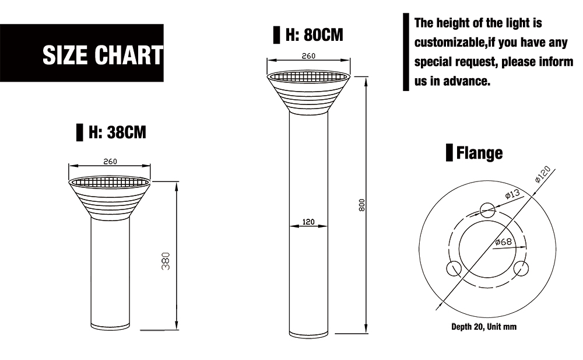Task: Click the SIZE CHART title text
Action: click(x=103, y=55)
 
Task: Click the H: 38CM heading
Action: click(x=117, y=132)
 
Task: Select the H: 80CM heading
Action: click(x=314, y=34)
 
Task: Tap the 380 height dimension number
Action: click(x=166, y=261)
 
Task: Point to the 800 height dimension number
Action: click(x=362, y=205)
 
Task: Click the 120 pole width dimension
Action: click(x=308, y=222)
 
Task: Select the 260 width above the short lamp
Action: click(x=110, y=162)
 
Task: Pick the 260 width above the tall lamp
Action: click(x=308, y=56)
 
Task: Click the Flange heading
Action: click(x=480, y=153)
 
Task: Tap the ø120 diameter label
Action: click(x=543, y=174)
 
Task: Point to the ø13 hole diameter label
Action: click(x=512, y=194)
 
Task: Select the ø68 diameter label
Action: click(x=504, y=242)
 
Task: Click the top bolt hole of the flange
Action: click(x=487, y=210)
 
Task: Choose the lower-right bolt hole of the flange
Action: click(x=521, y=268)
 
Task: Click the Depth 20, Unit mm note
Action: click(x=484, y=327)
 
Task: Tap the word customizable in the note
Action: click(x=450, y=43)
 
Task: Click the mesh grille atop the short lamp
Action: click(x=110, y=183)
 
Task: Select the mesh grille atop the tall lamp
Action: click(x=308, y=76)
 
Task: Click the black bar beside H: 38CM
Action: click(x=79, y=132)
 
